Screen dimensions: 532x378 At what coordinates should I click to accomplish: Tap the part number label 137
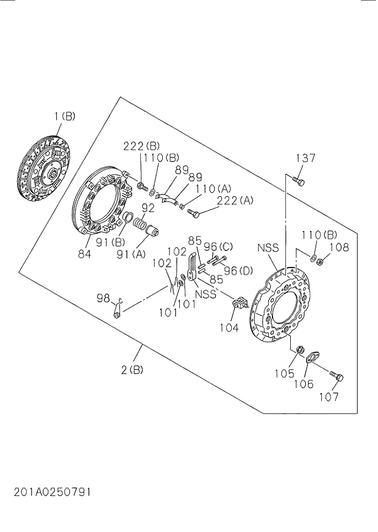pos(305,158)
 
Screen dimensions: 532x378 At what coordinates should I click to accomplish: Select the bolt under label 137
pos(298,180)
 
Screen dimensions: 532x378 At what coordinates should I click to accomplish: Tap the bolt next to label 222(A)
pos(194,213)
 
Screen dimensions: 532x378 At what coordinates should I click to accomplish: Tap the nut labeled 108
pos(320,263)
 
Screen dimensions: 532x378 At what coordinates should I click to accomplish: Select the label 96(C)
pos(218,247)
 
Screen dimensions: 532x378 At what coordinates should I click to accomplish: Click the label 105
pos(284,373)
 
